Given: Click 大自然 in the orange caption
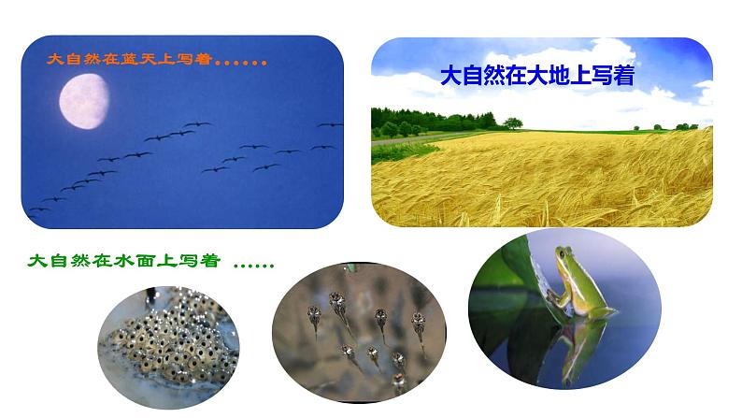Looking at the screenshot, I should click(67, 60).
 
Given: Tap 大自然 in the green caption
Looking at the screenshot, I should click(56, 262).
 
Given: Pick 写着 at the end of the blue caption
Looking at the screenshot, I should click(613, 76).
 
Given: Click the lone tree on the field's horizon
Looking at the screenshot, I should click(512, 123).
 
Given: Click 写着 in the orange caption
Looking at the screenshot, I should click(197, 60).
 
